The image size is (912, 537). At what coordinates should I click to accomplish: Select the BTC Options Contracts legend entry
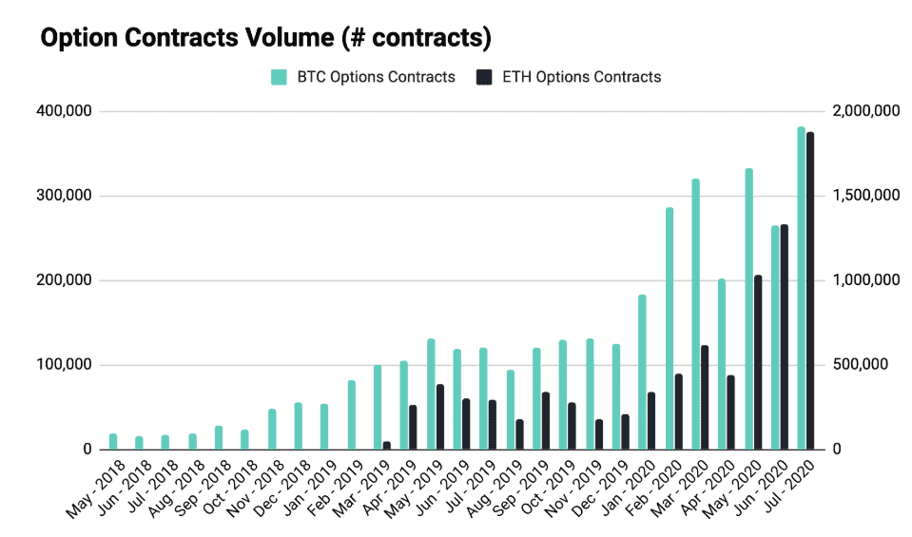pos(362,77)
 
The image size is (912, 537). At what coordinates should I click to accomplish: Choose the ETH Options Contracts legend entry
pos(567,77)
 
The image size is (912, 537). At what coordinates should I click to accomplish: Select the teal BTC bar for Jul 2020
pos(801,288)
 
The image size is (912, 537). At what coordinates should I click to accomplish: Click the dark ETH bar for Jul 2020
pos(810,291)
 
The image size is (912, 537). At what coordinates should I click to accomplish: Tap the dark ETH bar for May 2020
pos(758,362)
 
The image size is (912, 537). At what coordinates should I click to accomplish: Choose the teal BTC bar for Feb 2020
pos(669,328)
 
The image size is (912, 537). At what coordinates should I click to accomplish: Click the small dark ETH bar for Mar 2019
pos(386,445)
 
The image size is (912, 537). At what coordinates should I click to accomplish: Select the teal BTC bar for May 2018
pos(113,442)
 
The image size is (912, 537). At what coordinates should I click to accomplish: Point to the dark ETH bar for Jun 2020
pos(784,336)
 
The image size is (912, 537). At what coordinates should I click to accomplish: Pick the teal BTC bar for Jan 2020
pos(642,372)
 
